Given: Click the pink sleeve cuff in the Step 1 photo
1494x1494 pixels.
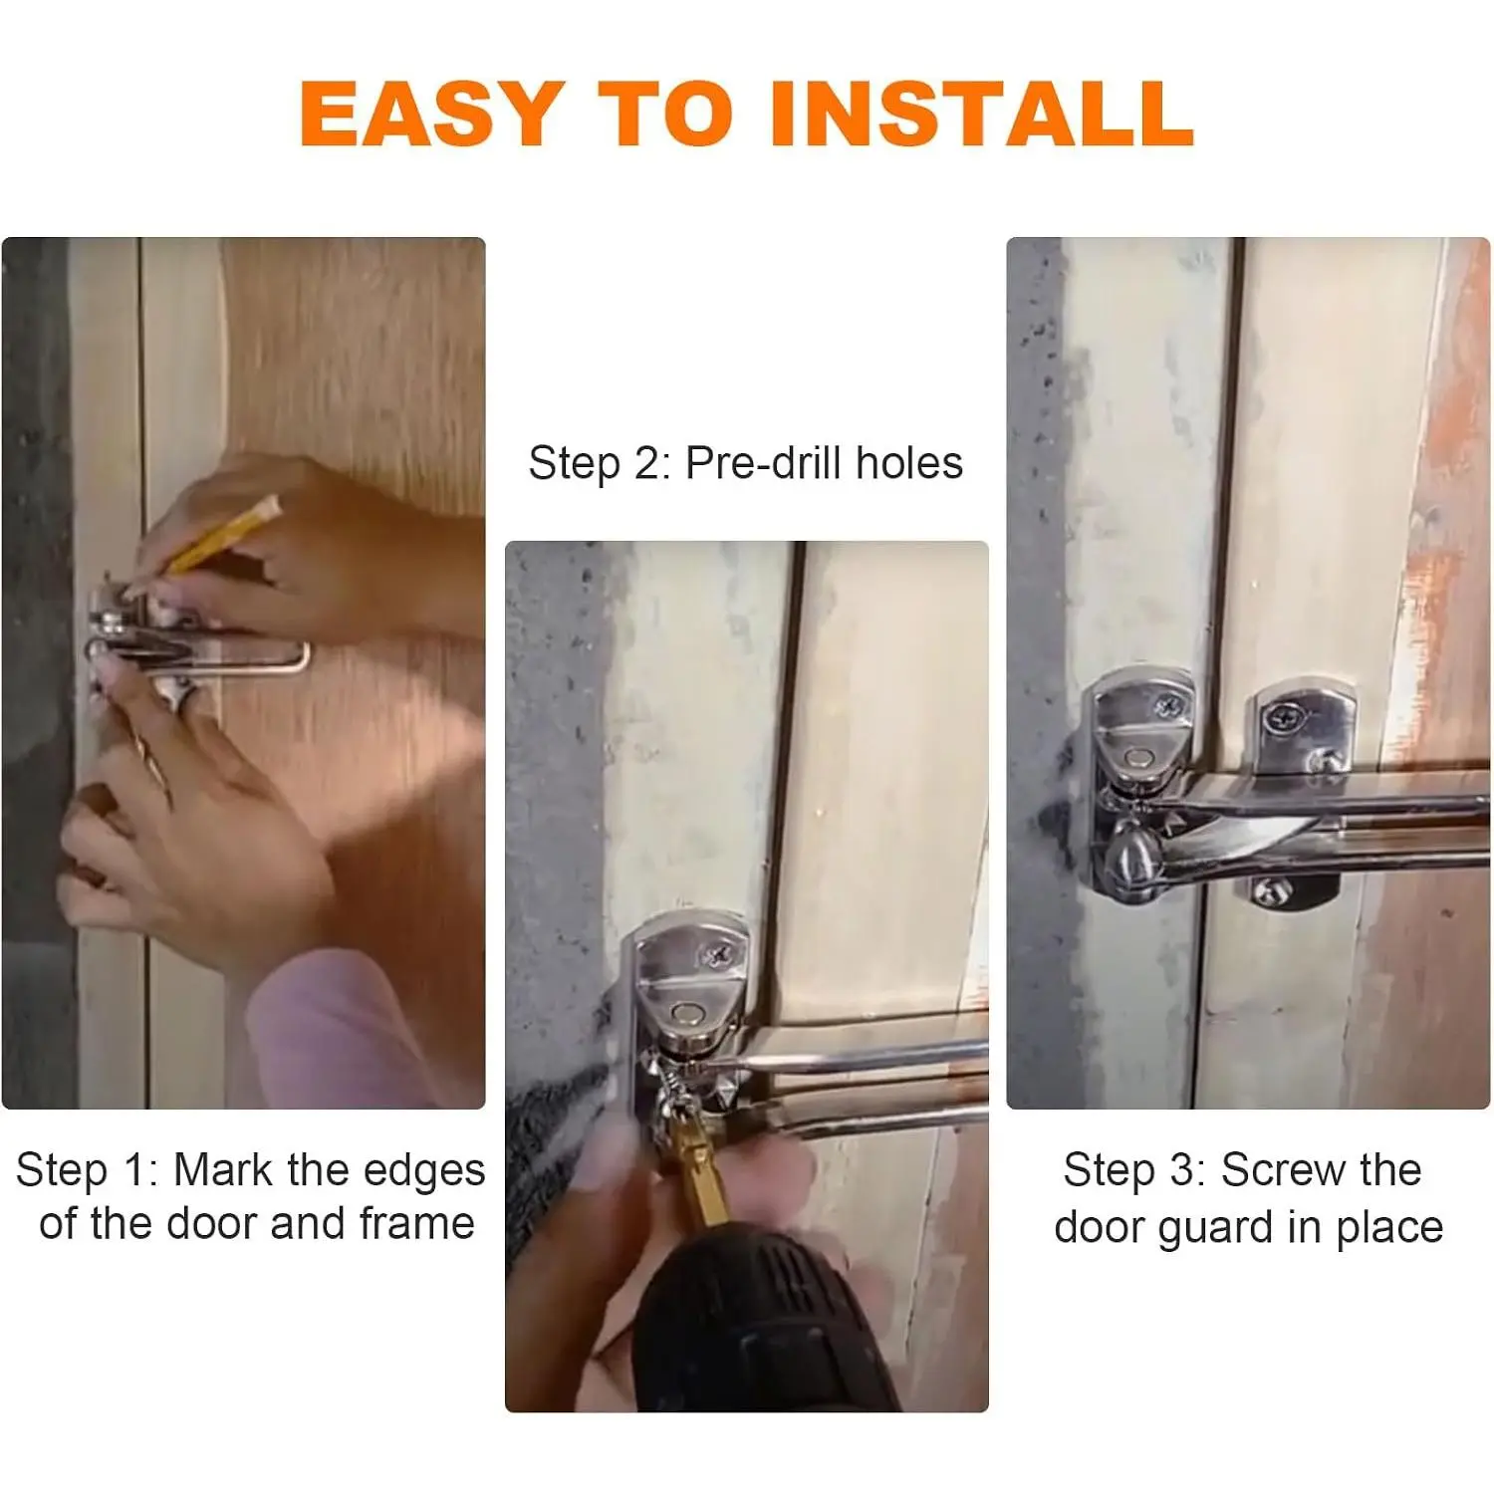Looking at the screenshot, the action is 329,1026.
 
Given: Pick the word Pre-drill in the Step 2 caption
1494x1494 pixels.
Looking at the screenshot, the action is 764,463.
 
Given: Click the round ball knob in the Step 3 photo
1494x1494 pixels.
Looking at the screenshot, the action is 1132,854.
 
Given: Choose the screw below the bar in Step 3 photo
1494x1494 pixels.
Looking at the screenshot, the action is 1272,889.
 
